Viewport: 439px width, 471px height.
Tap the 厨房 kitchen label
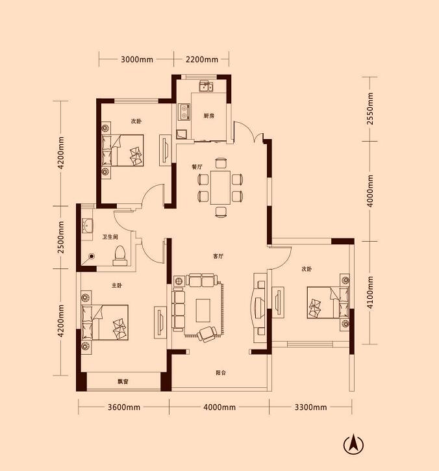208,116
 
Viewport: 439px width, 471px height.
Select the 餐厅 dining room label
197,167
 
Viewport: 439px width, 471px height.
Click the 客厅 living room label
218,257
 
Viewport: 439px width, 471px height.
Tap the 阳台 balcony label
221,373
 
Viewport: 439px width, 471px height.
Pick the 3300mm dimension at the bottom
310,407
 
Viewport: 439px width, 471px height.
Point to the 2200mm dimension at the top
202,59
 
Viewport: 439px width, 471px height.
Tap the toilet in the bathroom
119,255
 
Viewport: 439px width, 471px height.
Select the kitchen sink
206,86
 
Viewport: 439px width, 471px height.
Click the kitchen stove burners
183,112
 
